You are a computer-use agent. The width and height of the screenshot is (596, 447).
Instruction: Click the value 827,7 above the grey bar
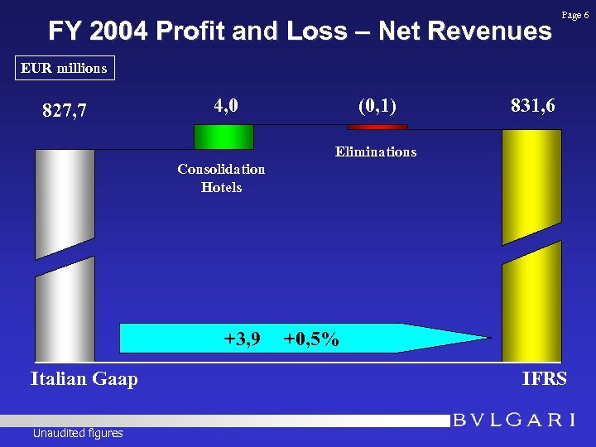[x=65, y=110]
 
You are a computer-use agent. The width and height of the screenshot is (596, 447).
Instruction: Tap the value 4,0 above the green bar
[x=226, y=105]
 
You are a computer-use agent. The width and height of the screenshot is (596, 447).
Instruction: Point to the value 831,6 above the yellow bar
[x=533, y=105]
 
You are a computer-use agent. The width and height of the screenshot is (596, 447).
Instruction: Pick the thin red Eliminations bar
[x=377, y=127]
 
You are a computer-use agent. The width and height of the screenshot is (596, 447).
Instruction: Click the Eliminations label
[x=375, y=151]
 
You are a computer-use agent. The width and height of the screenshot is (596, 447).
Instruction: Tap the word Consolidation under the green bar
[x=221, y=169]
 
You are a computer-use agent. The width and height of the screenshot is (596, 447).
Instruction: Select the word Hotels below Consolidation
[x=221, y=187]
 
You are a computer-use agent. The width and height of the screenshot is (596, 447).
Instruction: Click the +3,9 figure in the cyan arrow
[x=243, y=339]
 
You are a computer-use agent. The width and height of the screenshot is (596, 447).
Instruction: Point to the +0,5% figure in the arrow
[x=310, y=339]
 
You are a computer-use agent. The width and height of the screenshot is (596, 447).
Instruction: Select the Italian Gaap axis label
[x=84, y=379]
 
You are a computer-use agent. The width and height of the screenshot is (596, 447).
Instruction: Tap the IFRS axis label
[x=544, y=379]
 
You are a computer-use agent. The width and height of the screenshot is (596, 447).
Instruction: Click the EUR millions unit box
[x=65, y=68]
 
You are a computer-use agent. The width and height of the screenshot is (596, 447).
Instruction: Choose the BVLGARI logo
[x=514, y=420]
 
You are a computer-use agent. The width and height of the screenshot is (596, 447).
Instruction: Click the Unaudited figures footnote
[x=78, y=433]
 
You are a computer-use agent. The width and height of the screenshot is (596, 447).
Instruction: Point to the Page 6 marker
[x=575, y=15]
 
